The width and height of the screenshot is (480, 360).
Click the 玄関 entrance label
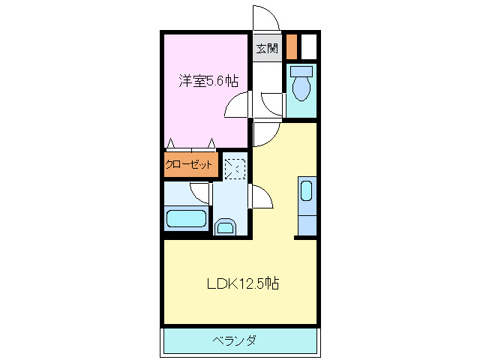point(266,49)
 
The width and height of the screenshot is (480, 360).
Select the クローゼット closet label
point(190,165)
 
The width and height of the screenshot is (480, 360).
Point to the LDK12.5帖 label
point(244,283)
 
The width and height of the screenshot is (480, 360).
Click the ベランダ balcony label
point(234,341)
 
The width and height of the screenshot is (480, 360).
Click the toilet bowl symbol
point(302,84)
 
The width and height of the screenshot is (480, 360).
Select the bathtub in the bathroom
point(186,220)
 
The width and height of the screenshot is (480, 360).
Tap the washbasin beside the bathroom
point(225,226)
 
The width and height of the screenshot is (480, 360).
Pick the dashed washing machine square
point(234,168)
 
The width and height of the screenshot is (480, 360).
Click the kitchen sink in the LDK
point(306,191)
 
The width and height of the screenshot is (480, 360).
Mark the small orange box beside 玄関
point(291,46)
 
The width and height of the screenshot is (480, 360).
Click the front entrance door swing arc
point(266,16)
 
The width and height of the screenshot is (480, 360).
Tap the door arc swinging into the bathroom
point(200,193)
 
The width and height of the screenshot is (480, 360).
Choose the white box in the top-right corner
point(309,46)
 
